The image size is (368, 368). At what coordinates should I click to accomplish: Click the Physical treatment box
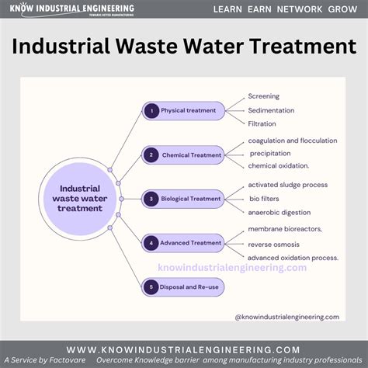click(x=184, y=110)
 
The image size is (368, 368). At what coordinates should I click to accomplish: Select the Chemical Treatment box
click(x=184, y=154)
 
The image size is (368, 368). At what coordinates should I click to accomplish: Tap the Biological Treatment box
click(x=184, y=199)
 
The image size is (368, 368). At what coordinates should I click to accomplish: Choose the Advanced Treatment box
click(x=184, y=243)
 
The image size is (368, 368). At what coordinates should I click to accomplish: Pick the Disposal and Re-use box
click(x=184, y=287)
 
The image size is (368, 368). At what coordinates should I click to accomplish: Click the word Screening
click(x=263, y=96)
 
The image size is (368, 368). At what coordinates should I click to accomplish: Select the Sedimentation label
click(x=271, y=110)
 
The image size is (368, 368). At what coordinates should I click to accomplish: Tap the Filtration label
click(x=262, y=123)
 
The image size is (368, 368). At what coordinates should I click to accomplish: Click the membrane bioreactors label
click(x=285, y=229)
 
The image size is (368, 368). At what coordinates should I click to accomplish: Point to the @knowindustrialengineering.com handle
click(x=286, y=317)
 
